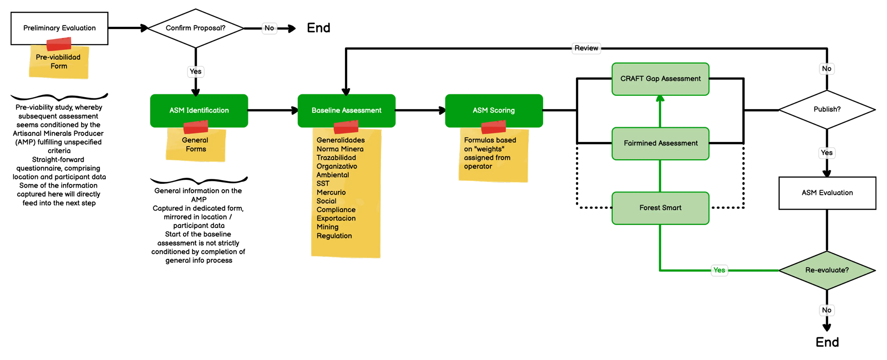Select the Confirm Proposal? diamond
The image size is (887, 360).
196,28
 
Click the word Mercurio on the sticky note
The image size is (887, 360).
331,192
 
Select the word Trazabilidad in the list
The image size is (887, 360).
336,158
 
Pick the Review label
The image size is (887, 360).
586,48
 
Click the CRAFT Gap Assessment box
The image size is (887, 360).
660,79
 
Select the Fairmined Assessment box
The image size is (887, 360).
660,143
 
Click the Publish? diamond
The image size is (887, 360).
827,109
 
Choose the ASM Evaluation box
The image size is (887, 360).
827,193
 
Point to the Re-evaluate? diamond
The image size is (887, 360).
827,270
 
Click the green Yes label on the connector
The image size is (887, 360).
719,270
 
